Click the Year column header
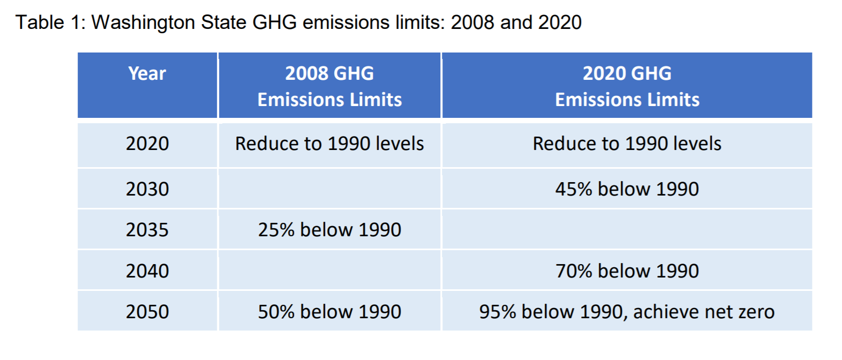[147, 74]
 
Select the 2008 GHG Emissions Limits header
[329, 86]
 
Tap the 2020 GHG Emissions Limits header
[627, 86]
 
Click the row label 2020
[147, 144]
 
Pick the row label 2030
[147, 189]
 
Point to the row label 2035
[147, 230]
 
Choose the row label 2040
[147, 271]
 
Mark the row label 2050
[147, 312]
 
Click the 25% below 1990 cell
[329, 230]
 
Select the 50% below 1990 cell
[329, 312]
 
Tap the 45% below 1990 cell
[627, 189]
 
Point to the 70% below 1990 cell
[627, 271]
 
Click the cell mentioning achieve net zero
[627, 312]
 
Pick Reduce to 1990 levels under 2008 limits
[329, 144]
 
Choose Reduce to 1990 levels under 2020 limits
[627, 144]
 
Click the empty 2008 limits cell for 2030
[329, 189]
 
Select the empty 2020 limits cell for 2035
[627, 230]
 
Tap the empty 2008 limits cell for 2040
[329, 271]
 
